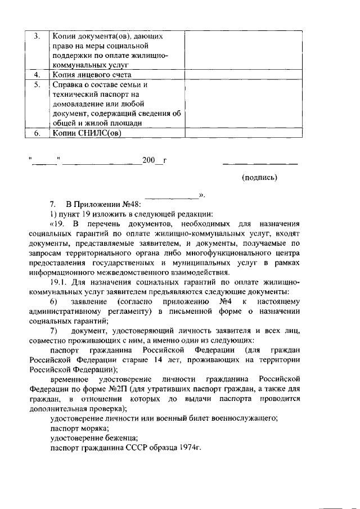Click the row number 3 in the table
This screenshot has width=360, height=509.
(x=37, y=36)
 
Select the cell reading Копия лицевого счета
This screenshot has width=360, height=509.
(x=92, y=74)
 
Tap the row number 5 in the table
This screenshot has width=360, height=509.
(x=37, y=85)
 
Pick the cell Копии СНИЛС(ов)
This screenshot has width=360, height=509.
(x=87, y=133)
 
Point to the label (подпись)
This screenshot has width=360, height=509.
(x=259, y=177)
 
